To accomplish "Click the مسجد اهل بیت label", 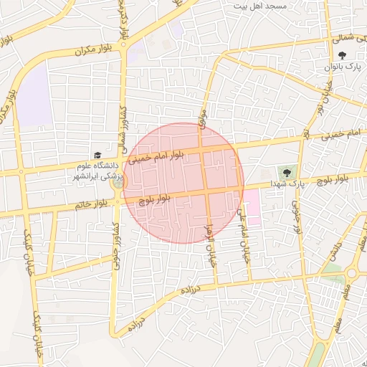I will click(260, 6).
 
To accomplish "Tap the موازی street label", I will click(203, 119).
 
